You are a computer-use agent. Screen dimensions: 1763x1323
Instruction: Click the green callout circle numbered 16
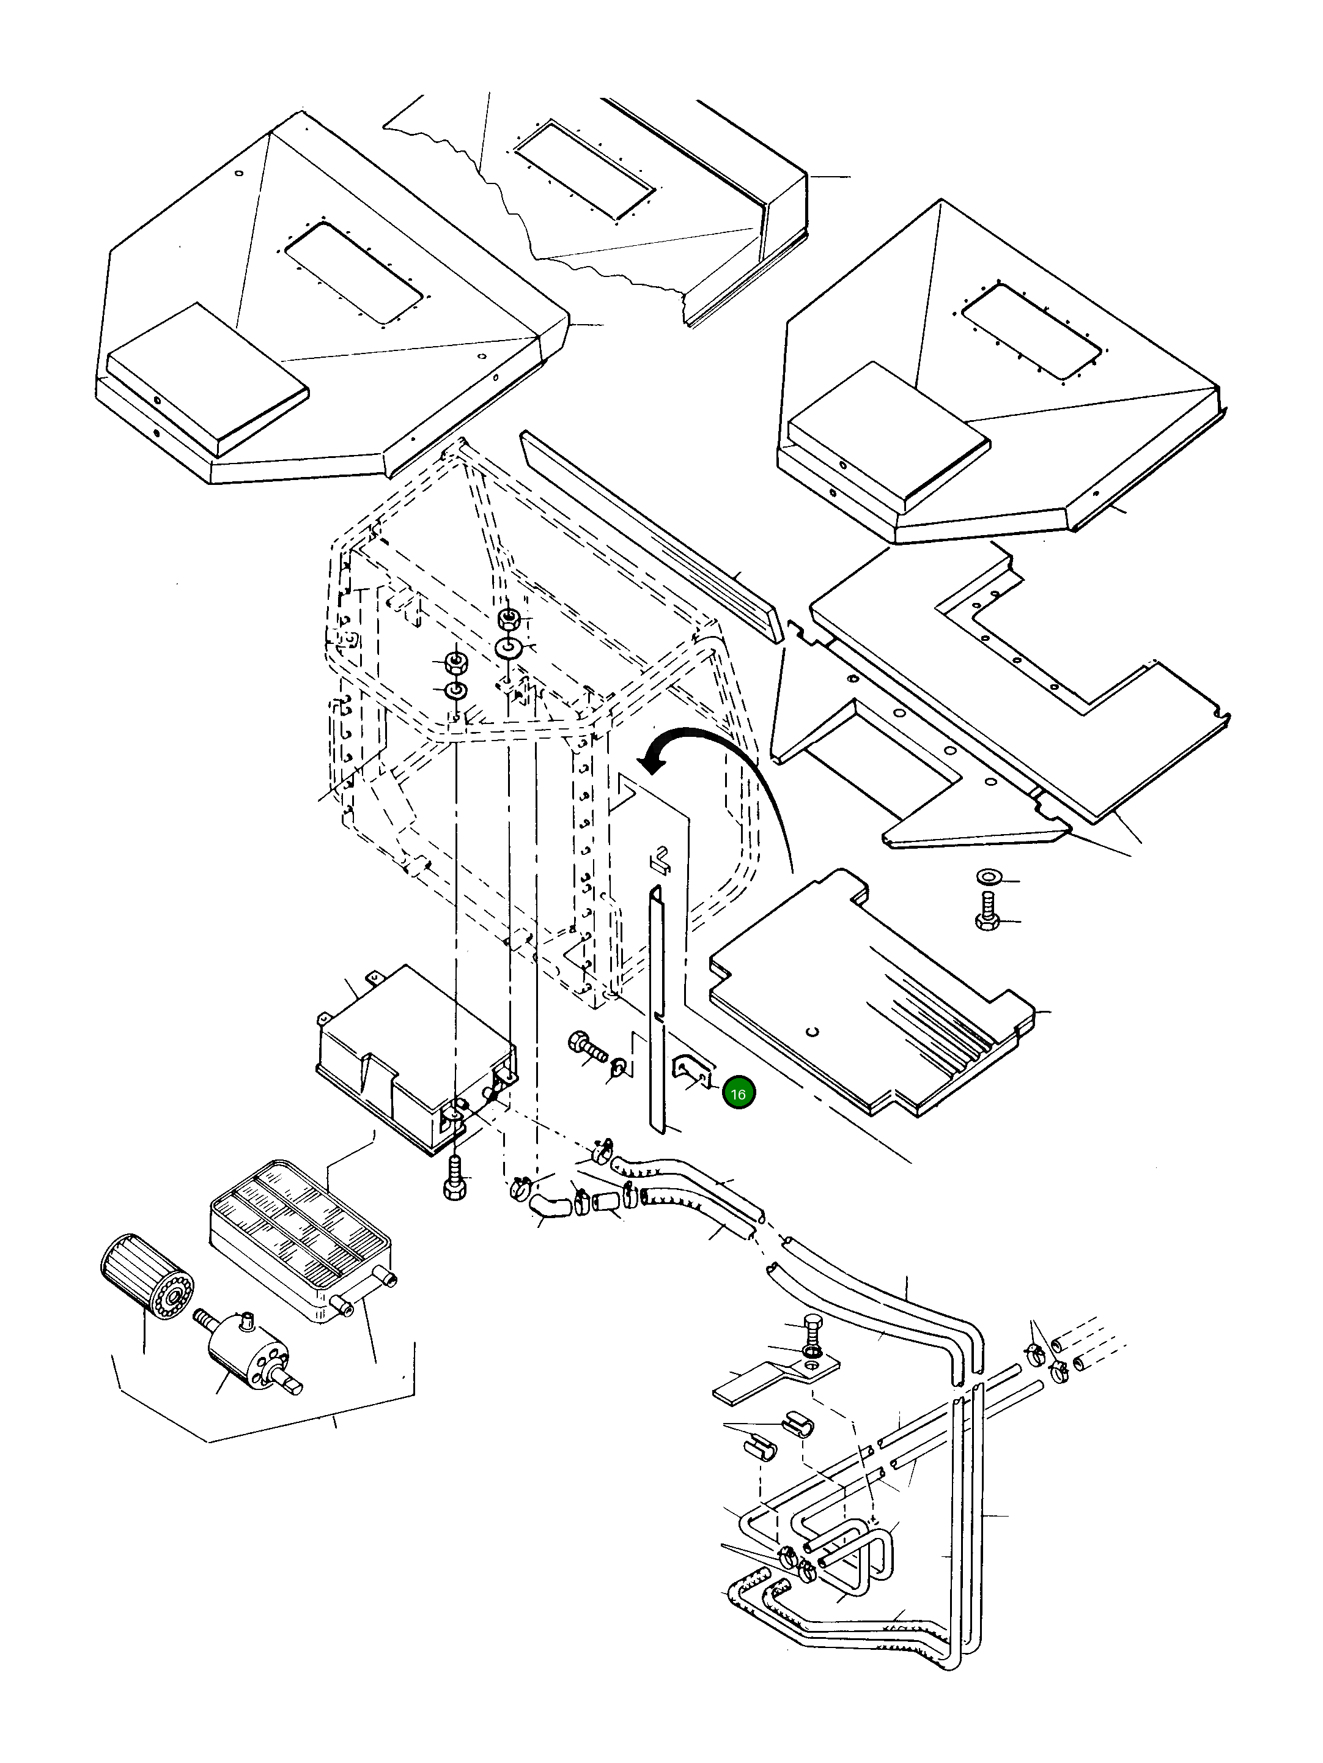pos(738,1093)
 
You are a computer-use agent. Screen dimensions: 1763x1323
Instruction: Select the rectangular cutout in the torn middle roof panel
pos(584,171)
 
